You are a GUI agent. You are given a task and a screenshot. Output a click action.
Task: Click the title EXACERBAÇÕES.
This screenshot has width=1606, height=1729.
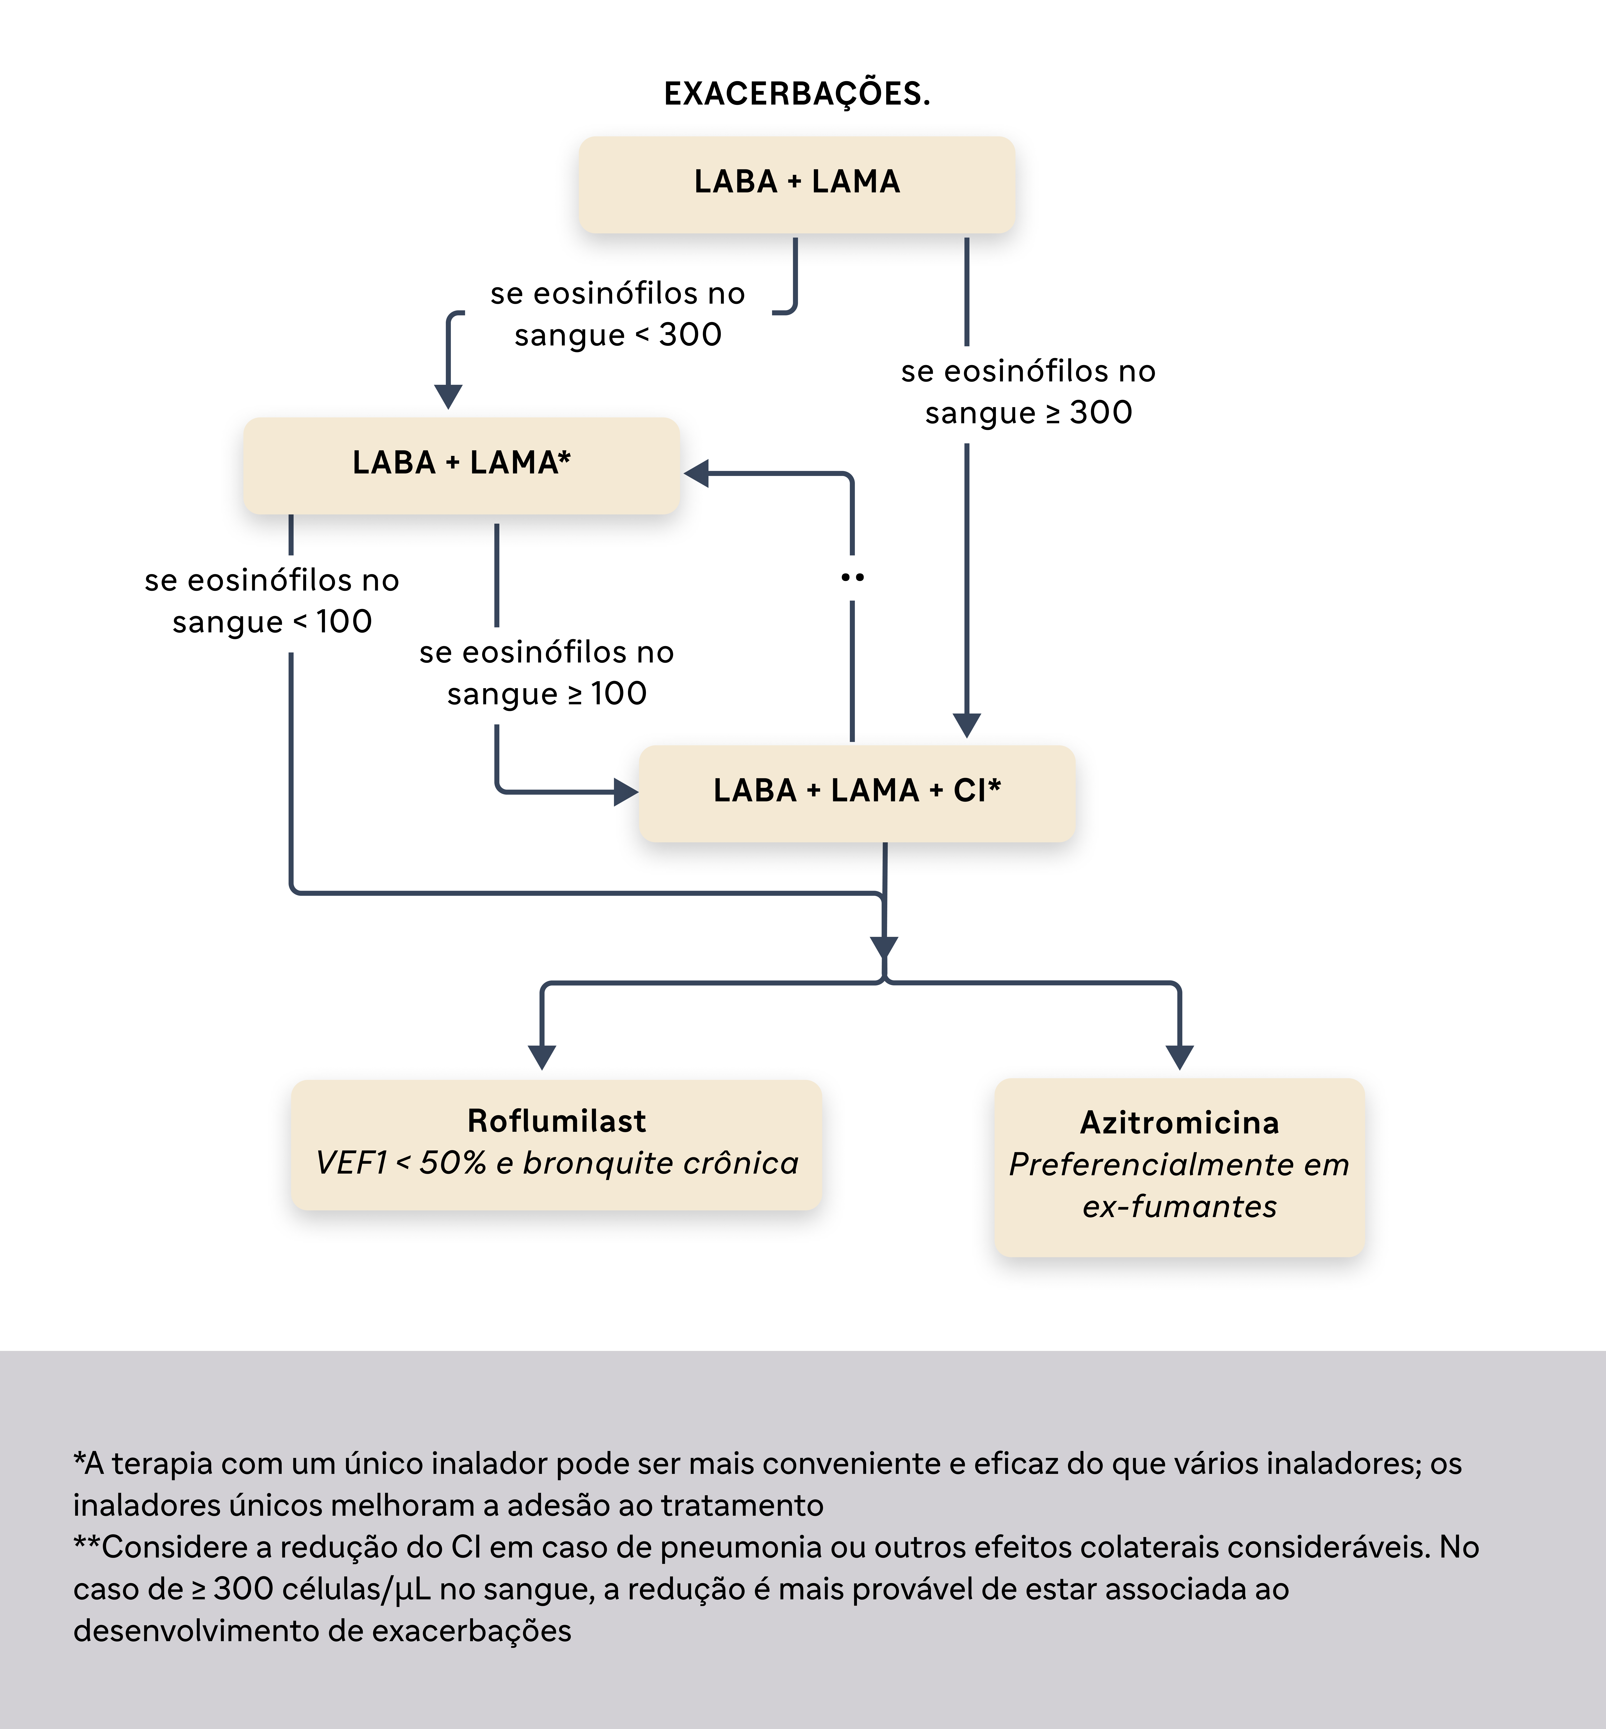point(797,93)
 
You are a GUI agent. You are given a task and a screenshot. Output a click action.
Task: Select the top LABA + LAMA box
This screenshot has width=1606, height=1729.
point(797,184)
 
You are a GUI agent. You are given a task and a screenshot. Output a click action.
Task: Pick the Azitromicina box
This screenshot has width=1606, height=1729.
point(1179,1167)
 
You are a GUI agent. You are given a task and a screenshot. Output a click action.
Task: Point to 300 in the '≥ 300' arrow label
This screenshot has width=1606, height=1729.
point(1101,413)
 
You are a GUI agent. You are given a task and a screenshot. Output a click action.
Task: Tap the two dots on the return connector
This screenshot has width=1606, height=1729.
point(853,577)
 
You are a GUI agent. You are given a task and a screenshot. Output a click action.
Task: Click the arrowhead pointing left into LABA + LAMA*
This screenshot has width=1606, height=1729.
point(696,473)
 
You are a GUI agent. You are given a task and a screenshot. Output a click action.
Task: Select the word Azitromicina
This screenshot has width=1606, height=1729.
point(1179,1123)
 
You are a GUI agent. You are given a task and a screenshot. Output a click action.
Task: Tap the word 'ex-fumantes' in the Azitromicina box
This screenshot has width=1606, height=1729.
point(1179,1207)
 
